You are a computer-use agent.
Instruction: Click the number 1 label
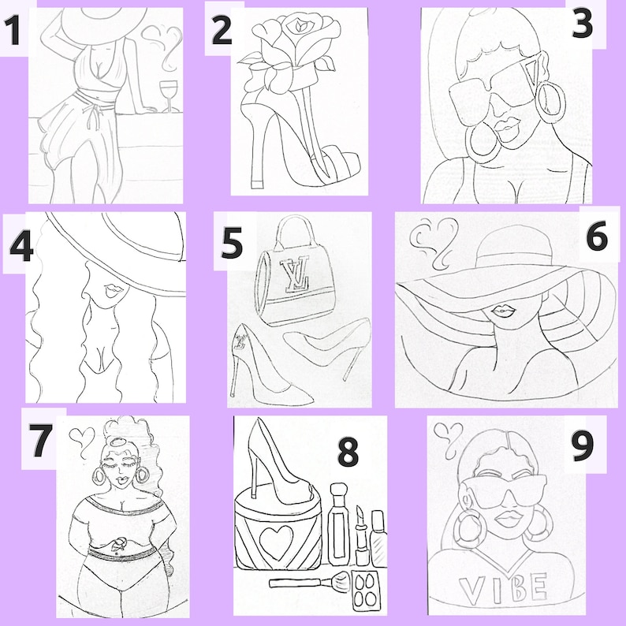pos(13,30)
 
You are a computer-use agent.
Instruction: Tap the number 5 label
pos(232,242)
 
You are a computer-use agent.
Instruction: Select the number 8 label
pos(348,452)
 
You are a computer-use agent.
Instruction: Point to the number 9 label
pos(583,445)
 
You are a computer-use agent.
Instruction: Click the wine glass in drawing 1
pos(169,96)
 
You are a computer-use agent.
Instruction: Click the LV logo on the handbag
pos(295,273)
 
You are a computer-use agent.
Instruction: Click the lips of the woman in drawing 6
pos(503,311)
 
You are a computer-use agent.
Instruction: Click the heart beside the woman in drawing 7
pos(82,442)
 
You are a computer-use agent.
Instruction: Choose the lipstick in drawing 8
pos(361,535)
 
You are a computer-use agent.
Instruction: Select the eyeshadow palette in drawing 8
pos(367,590)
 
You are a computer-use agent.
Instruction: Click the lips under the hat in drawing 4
pos(113,290)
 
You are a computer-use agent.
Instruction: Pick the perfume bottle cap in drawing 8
pos(338,490)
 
